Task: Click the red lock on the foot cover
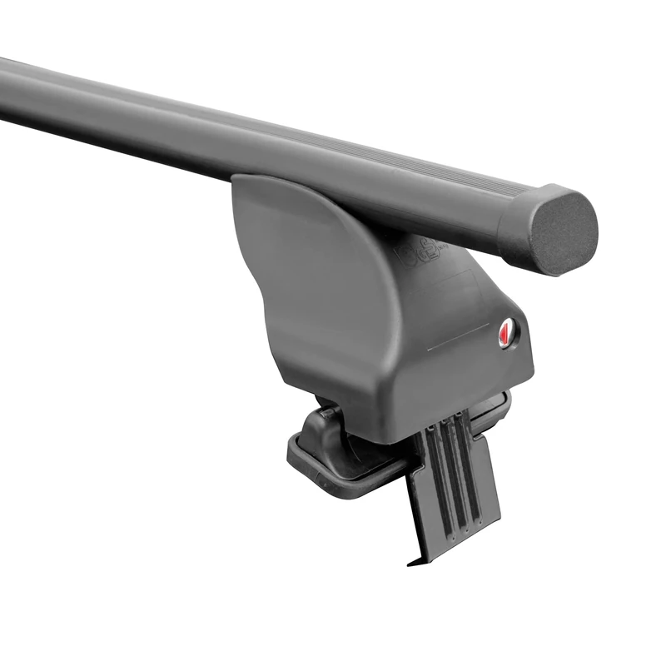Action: [x=508, y=333]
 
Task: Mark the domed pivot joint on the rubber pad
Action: [x=321, y=433]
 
